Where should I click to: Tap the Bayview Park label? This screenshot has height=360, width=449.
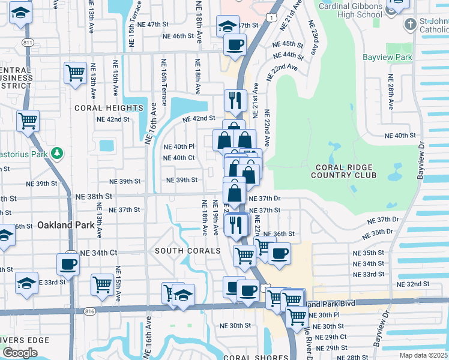pyautogui.click(x=387, y=58)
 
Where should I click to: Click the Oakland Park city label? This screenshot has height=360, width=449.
pyautogui.click(x=65, y=226)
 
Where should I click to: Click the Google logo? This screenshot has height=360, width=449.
pyautogui.click(x=20, y=353)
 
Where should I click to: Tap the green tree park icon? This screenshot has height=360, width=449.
pyautogui.click(x=57, y=154)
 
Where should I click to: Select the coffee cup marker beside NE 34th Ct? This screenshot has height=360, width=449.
pyautogui.click(x=68, y=264)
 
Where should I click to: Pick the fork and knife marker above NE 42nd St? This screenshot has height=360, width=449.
pyautogui.click(x=235, y=100)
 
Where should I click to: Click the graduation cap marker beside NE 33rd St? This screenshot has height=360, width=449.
pyautogui.click(x=27, y=283)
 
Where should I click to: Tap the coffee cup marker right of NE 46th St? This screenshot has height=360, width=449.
pyautogui.click(x=235, y=44)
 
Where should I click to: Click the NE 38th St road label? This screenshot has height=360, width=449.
pyautogui.click(x=94, y=196)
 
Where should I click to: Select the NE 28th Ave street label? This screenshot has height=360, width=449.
pyautogui.click(x=391, y=91)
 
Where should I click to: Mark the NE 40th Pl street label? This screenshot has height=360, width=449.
pyautogui.click(x=179, y=146)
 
